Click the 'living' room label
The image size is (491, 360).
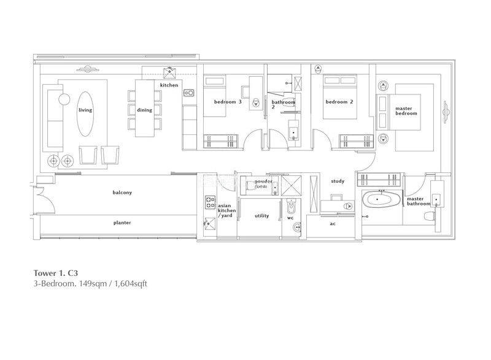coord(85,110)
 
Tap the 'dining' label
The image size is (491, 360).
coord(144,110)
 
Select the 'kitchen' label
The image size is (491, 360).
coord(169,85)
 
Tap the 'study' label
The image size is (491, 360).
coord(337,181)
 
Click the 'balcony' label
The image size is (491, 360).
coord(122,192)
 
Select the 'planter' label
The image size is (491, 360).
coord(122,222)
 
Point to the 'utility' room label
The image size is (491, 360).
coord(261,215)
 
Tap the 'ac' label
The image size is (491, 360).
coord(333,223)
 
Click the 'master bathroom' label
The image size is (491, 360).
coord(416,202)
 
